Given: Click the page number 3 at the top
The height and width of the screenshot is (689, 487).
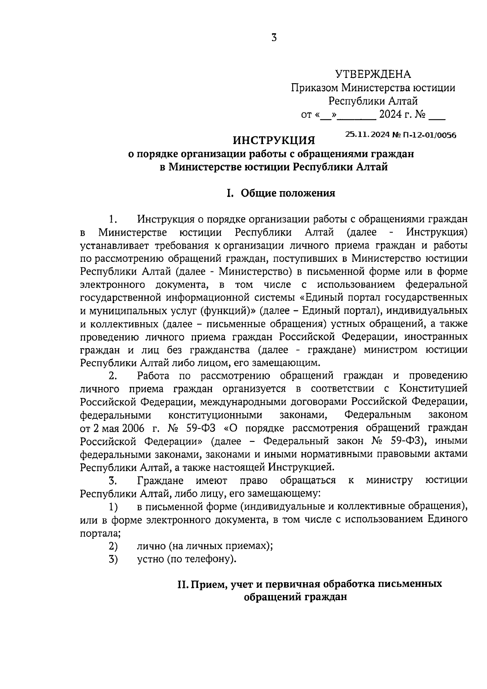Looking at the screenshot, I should pos(274,38).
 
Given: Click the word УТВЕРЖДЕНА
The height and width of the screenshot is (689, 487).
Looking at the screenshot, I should pos(373,74).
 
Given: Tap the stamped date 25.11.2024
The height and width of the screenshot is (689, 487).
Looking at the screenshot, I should pos(368,135).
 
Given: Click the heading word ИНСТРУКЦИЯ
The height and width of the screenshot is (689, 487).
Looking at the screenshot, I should pos(274,141).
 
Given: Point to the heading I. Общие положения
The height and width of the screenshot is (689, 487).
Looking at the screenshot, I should pos(281,193).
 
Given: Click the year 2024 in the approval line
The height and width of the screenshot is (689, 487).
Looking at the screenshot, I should pos(390,115).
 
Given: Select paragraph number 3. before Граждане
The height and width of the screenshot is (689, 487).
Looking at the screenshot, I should pos(113,480).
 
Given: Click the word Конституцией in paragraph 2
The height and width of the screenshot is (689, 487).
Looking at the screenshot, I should pos(433,388).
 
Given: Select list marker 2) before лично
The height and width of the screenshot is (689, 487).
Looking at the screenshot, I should pos(113,546).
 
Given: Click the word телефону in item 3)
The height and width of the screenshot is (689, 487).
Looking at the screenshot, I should pos(209,559).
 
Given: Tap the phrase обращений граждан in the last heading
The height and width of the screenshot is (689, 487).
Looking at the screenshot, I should pos(295,597).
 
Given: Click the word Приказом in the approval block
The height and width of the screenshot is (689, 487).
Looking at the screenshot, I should pos(314,88).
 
